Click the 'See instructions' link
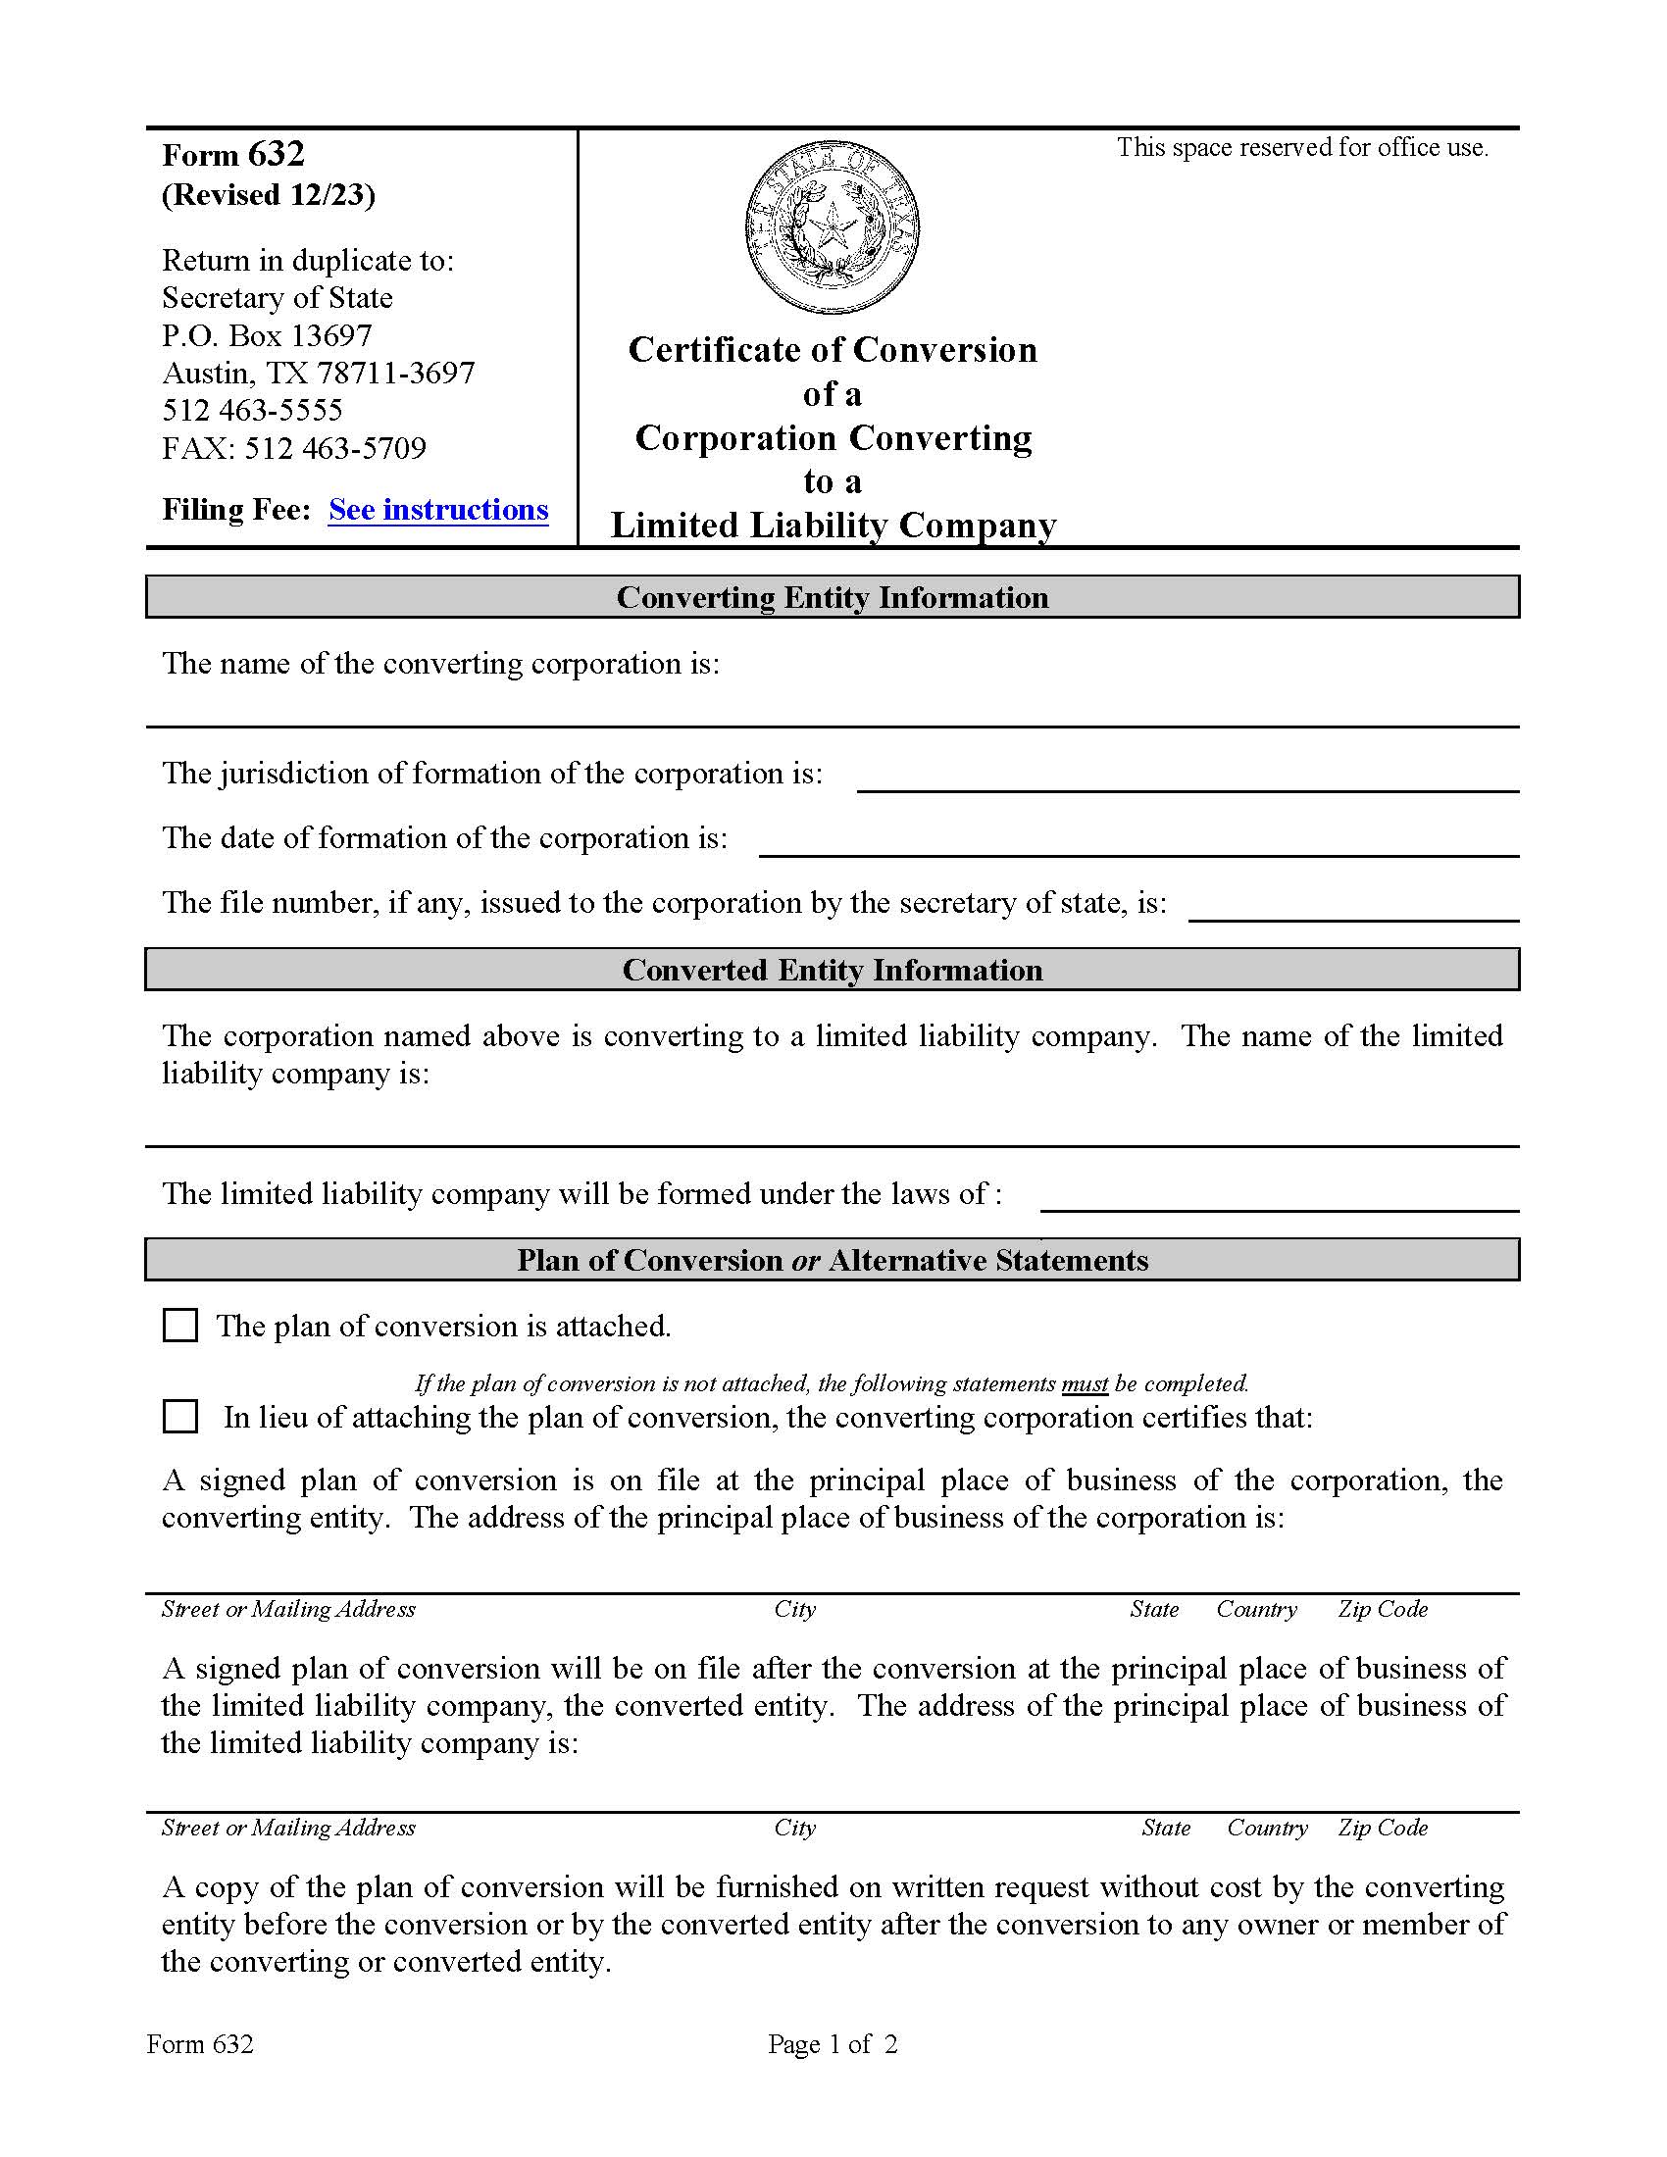coord(437,510)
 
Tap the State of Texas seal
coord(832,227)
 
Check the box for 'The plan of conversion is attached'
coord(179,1326)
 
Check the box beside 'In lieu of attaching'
coord(179,1417)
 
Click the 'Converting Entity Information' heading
coord(832,597)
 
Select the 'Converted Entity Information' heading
coord(832,970)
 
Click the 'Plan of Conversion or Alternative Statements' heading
coord(832,1260)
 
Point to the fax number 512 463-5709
coord(334,448)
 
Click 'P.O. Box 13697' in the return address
coord(267,335)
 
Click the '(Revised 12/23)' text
coord(268,194)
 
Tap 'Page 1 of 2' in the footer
coord(832,2044)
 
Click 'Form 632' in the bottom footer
coord(199,2044)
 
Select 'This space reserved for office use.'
coord(1301,148)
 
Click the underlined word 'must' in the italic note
coord(1085,1383)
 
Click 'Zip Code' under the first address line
coord(1383,1609)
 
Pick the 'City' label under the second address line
coord(794,1828)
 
